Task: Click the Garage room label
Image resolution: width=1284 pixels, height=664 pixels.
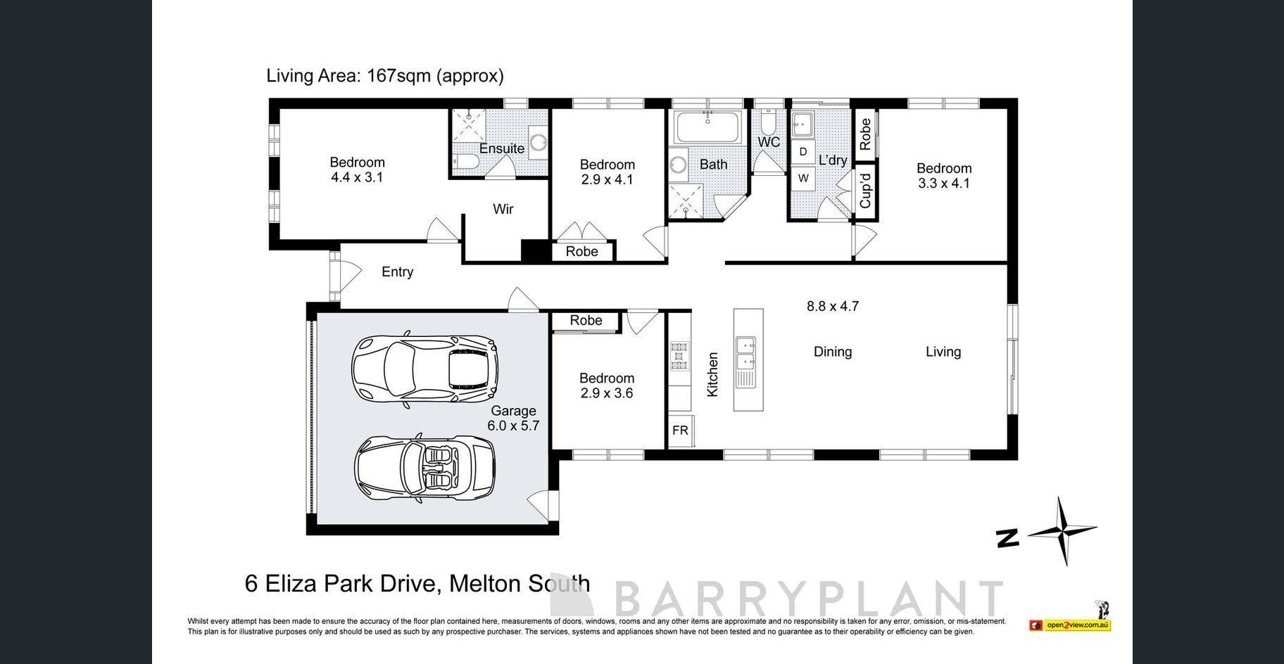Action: click(513, 411)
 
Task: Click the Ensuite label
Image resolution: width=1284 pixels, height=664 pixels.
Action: click(502, 148)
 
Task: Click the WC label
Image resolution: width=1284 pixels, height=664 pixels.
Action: click(769, 142)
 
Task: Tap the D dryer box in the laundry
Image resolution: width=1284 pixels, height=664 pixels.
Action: click(803, 152)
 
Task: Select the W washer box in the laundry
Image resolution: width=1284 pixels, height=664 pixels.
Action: click(803, 178)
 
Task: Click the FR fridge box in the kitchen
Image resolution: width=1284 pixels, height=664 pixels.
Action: click(680, 430)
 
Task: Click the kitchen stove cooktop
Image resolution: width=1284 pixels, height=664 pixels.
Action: click(679, 355)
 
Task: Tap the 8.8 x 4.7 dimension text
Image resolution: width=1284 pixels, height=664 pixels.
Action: click(833, 306)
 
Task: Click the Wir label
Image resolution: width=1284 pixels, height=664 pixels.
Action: click(503, 209)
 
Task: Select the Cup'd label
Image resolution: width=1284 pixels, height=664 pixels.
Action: click(865, 191)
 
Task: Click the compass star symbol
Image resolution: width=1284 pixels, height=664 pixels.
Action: click(1062, 531)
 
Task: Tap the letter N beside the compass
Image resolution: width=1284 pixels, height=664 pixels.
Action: click(1008, 539)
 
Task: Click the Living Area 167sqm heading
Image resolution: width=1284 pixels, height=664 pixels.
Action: click(385, 76)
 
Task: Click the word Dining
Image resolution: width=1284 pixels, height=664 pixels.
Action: click(833, 352)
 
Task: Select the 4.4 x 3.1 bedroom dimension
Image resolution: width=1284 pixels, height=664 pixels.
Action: click(357, 177)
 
